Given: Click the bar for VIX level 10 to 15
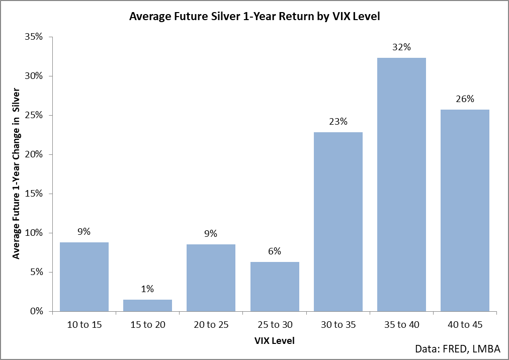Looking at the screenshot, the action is pyautogui.click(x=84, y=277).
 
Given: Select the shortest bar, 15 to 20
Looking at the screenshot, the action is pyautogui.click(x=148, y=306).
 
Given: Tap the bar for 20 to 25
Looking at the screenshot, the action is pyautogui.click(x=211, y=278).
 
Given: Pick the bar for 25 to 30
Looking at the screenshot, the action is pyautogui.click(x=275, y=287).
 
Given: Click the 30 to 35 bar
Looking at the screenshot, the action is pyautogui.click(x=338, y=222).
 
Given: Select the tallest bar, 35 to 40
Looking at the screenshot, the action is pyautogui.click(x=401, y=185).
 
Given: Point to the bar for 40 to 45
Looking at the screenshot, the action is pyautogui.click(x=465, y=211).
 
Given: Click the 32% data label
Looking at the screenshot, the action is pyautogui.click(x=401, y=47).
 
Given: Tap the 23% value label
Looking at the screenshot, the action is pyautogui.click(x=338, y=122).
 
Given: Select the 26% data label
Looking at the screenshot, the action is pyautogui.click(x=465, y=99).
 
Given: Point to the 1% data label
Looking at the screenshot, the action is pyautogui.click(x=148, y=289).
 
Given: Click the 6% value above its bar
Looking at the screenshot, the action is pyautogui.click(x=275, y=251).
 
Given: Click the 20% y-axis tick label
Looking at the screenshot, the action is pyautogui.click(x=34, y=154).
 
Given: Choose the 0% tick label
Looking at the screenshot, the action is pyautogui.click(x=36, y=311).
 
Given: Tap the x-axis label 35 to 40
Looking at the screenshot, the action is pyautogui.click(x=402, y=325).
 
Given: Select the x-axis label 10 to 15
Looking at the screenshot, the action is pyautogui.click(x=84, y=325).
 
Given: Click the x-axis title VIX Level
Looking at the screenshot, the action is pyautogui.click(x=275, y=341).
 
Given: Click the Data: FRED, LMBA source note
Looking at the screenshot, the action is pyautogui.click(x=458, y=349).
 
